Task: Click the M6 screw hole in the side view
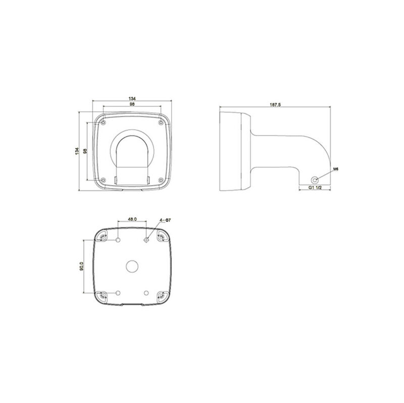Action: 315,179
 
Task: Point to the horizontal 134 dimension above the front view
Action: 132,98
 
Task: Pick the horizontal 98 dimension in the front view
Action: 132,104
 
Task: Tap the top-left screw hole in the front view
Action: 103,122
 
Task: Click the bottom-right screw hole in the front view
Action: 161,180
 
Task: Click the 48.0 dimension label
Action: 132,219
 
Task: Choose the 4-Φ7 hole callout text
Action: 167,220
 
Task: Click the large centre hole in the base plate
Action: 132,265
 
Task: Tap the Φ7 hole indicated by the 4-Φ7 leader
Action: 146,240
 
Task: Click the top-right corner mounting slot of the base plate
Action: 162,236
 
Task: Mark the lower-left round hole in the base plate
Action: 118,293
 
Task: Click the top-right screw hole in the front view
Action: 161,122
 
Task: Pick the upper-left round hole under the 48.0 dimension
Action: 118,240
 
